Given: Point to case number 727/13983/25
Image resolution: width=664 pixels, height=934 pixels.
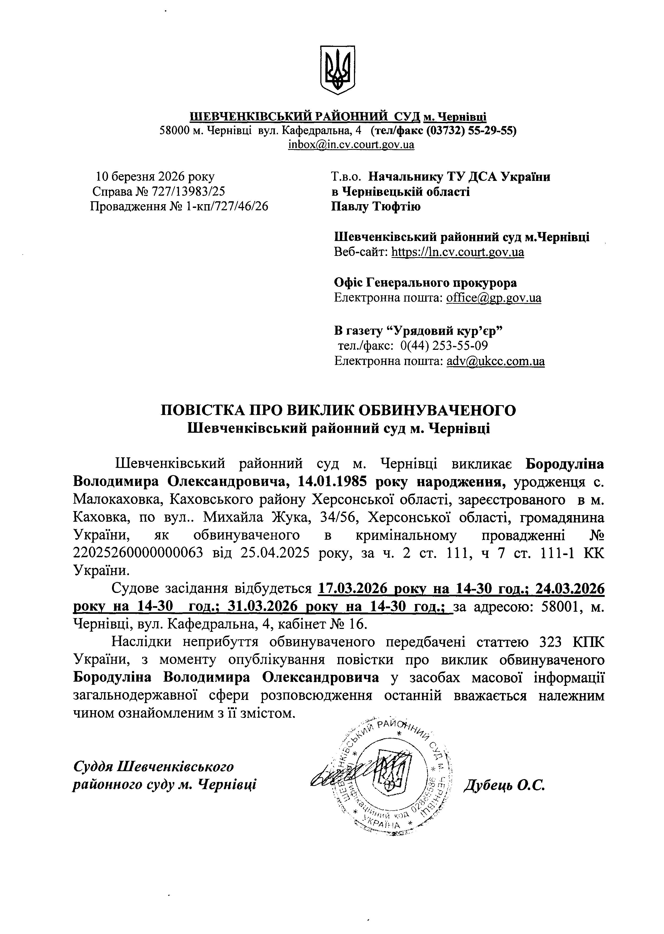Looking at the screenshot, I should coord(188,191).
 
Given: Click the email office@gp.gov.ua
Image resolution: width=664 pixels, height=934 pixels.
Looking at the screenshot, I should coord(493,297).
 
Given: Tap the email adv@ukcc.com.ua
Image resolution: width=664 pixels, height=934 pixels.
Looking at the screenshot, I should coord(495,361).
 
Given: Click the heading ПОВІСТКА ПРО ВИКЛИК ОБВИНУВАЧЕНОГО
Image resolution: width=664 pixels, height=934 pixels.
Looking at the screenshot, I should coord(339,410).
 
